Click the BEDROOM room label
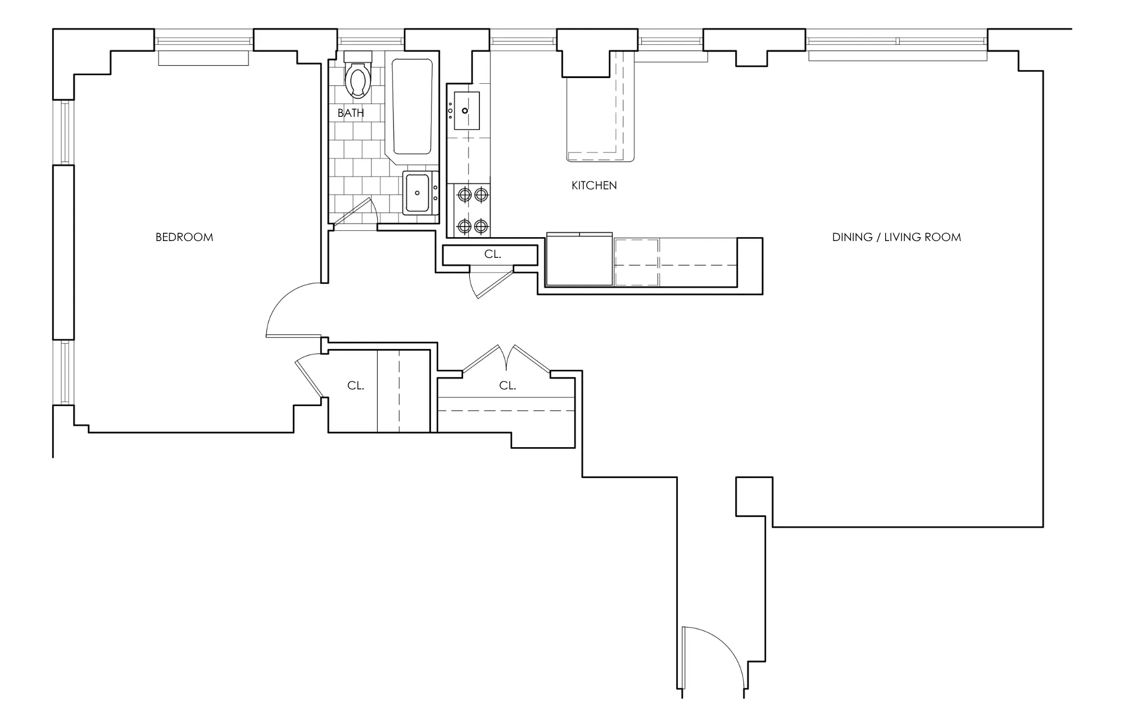click(x=184, y=237)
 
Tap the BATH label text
click(x=351, y=113)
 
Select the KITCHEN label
click(x=594, y=185)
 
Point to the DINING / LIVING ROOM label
click(x=896, y=237)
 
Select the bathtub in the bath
click(x=412, y=106)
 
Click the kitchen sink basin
click(x=466, y=110)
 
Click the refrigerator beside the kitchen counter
click(x=579, y=260)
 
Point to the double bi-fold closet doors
click(x=506, y=358)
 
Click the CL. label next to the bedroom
click(x=356, y=386)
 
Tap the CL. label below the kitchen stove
click(x=493, y=255)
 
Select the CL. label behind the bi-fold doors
click(x=507, y=386)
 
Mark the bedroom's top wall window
click(x=203, y=42)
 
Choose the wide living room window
click(x=897, y=42)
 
